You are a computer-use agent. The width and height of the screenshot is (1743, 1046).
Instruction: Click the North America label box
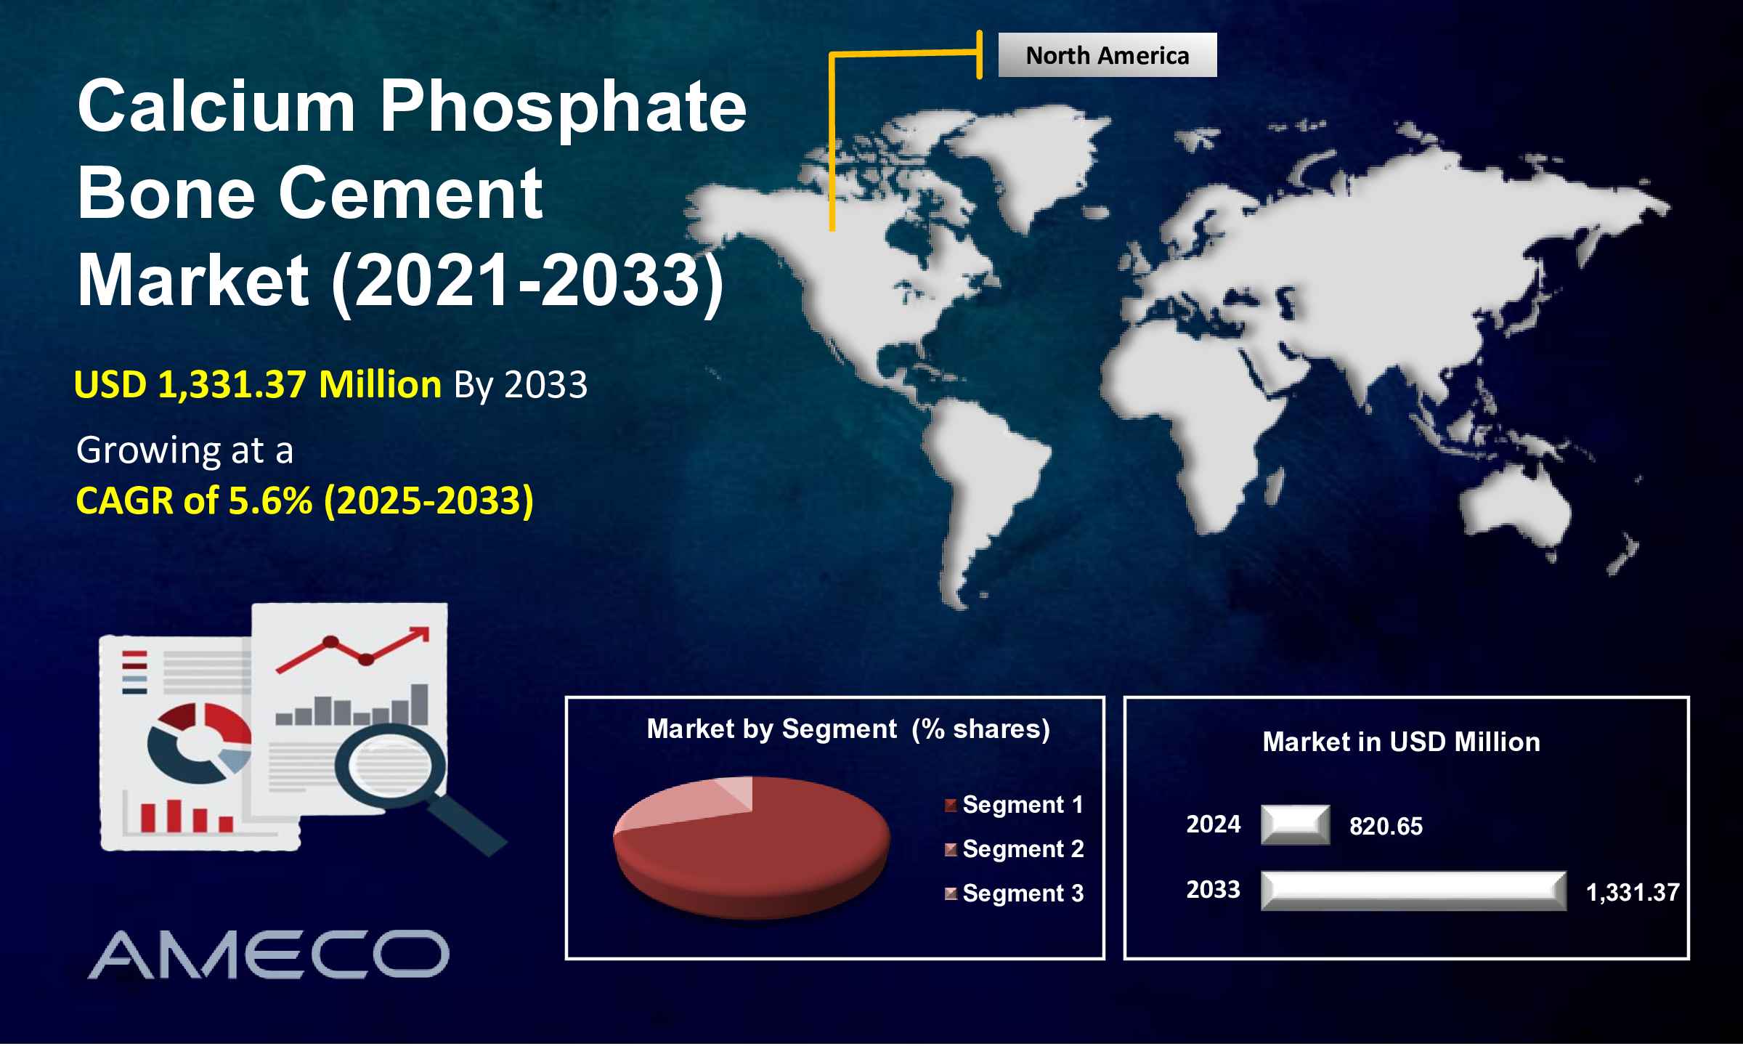click(x=1107, y=55)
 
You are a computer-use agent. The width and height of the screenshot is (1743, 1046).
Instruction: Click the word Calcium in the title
click(x=216, y=107)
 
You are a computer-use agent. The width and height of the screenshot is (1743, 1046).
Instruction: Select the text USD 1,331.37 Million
click(x=258, y=384)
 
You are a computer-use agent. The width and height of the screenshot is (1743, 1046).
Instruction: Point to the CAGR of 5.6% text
click(x=194, y=500)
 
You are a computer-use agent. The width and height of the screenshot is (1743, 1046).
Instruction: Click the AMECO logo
click(x=269, y=954)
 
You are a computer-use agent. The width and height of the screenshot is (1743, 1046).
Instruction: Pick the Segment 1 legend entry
click(x=1014, y=805)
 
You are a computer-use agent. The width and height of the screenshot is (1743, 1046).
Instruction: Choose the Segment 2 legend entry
click(x=1014, y=849)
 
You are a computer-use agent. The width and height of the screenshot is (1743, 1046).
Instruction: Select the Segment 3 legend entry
click(x=1014, y=893)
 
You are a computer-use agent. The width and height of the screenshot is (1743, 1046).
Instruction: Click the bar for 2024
click(x=1296, y=825)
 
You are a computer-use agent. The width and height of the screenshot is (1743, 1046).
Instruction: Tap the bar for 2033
click(x=1414, y=891)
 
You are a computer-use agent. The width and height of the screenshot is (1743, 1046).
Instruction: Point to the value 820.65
click(x=1386, y=827)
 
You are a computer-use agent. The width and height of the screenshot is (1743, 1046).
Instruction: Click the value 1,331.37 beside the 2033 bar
click(x=1633, y=893)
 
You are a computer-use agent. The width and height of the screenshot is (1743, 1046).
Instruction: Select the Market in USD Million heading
click(x=1402, y=742)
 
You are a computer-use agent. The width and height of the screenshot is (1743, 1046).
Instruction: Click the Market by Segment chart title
click(x=848, y=729)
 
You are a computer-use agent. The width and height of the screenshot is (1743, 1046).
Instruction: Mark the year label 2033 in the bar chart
click(x=1214, y=890)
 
